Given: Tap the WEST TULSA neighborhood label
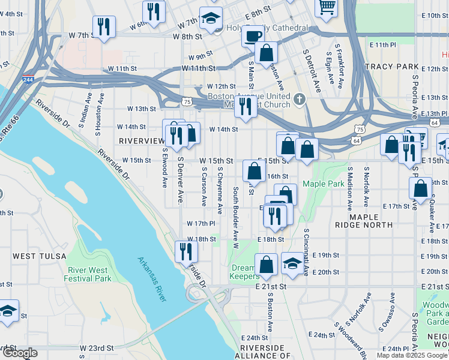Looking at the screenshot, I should [x=34, y=256].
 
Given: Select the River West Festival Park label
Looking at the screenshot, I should [x=89, y=274].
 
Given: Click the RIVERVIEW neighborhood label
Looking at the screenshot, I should [x=142, y=140].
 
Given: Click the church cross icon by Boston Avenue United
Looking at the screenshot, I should [x=300, y=98].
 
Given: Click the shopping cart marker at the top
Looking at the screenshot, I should [x=327, y=6].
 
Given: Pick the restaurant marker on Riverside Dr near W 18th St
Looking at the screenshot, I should [x=185, y=250].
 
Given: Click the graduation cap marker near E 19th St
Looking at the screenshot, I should [x=292, y=263].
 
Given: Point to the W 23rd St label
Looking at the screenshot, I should [x=97, y=348].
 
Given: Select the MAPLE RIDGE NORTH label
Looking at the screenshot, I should [x=371, y=221].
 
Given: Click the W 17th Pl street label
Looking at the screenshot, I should [x=200, y=224].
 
